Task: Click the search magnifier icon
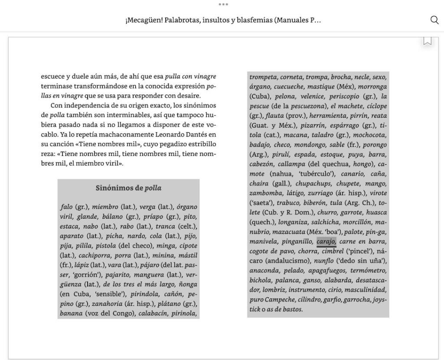(x=434, y=20)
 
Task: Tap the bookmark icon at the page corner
(x=428, y=41)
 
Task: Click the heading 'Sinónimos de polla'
(x=128, y=188)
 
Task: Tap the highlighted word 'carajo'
(x=326, y=241)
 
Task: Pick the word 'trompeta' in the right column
(x=263, y=77)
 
